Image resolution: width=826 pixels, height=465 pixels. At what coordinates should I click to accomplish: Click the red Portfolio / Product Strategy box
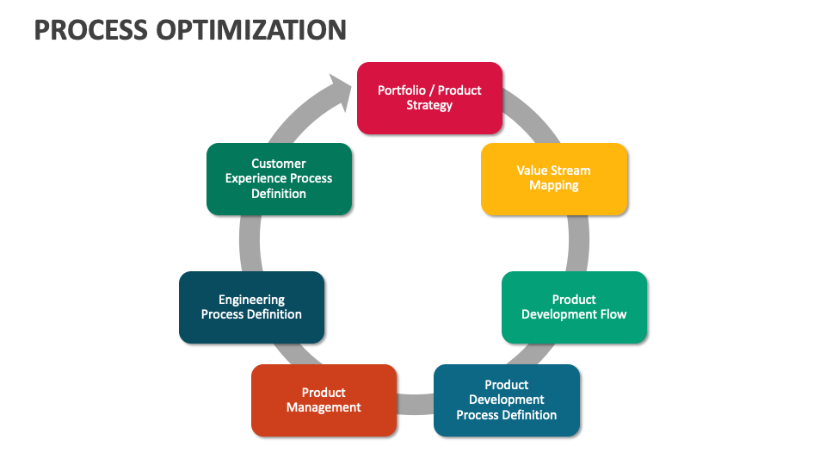coord(429,98)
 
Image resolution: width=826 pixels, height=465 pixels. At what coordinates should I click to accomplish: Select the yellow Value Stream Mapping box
coord(554,179)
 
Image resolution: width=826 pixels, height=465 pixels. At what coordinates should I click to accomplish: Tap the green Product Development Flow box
coord(574,307)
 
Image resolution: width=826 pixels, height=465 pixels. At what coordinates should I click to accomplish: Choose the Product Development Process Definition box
coord(507,400)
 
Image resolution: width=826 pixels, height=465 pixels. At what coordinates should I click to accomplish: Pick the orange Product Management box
coord(324,400)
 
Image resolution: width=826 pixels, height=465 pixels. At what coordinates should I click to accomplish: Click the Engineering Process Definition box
coord(252,307)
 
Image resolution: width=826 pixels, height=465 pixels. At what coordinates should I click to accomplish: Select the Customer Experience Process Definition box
coord(279,179)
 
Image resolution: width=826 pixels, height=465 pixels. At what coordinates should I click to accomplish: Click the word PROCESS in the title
coord(90,30)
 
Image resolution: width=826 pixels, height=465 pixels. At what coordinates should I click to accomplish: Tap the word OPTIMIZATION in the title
coord(251,30)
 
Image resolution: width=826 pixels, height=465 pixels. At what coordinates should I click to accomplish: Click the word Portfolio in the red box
coord(402,90)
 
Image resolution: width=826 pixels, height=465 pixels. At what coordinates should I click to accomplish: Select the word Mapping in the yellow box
coord(553,186)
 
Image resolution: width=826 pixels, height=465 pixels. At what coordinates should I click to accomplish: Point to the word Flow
coord(613,314)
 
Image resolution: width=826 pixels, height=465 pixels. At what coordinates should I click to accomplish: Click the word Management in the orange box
coord(324,407)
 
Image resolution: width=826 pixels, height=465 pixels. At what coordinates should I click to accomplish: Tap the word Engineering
coord(252,300)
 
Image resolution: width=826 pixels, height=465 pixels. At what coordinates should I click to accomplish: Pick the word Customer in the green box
coord(279,164)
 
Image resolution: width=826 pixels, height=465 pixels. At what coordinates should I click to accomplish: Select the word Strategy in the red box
coord(429,105)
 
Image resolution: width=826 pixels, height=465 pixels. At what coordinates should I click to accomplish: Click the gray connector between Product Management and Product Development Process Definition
coord(415,404)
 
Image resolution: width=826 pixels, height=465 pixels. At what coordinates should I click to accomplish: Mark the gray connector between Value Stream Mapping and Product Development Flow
coord(578,243)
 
